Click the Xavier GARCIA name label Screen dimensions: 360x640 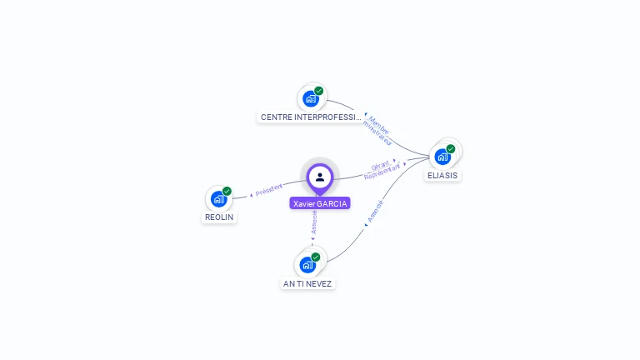click(x=320, y=203)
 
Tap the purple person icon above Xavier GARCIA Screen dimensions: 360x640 click(x=320, y=177)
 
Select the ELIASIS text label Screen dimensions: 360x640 click(x=442, y=176)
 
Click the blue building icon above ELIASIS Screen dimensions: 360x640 click(x=442, y=156)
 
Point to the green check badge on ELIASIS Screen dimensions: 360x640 click(x=451, y=149)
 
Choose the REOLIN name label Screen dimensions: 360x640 click(x=220, y=217)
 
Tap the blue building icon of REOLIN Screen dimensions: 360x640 click(x=218, y=198)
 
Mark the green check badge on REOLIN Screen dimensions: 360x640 click(x=227, y=191)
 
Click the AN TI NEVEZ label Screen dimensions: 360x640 click(x=307, y=284)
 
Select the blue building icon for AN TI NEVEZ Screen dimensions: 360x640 click(x=307, y=265)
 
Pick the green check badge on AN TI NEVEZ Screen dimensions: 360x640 click(x=315, y=257)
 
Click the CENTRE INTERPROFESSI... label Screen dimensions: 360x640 click(x=311, y=117)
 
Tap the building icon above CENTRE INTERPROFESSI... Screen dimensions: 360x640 click(x=310, y=98)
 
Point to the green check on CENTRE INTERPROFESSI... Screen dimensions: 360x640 click(x=318, y=91)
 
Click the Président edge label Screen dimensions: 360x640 click(x=268, y=190)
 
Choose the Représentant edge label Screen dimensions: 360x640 click(x=383, y=172)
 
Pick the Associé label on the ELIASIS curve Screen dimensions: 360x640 click(x=377, y=212)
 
